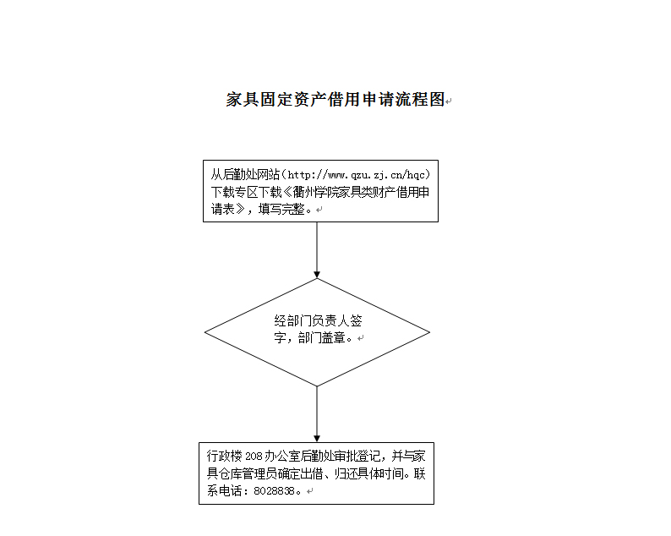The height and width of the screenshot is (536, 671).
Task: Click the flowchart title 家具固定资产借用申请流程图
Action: [335, 99]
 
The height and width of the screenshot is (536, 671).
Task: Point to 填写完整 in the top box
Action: [281, 210]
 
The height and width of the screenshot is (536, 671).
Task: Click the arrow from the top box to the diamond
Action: [317, 250]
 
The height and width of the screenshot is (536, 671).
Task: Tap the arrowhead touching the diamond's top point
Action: [317, 275]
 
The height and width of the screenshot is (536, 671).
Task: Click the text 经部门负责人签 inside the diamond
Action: [318, 320]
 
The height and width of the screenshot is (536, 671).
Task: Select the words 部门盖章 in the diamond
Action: [322, 338]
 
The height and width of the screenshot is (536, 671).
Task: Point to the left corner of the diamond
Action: [205, 332]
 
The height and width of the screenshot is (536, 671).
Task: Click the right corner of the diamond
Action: [429, 332]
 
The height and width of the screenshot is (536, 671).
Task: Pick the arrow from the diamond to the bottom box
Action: [317, 414]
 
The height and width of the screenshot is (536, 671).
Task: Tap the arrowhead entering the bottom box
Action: [317, 439]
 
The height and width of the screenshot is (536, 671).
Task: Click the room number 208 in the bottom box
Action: [254, 457]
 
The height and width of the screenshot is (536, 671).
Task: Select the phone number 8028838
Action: [275, 491]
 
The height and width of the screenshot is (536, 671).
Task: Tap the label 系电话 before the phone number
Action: [224, 490]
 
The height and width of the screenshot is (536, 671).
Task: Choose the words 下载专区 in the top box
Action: [233, 192]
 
